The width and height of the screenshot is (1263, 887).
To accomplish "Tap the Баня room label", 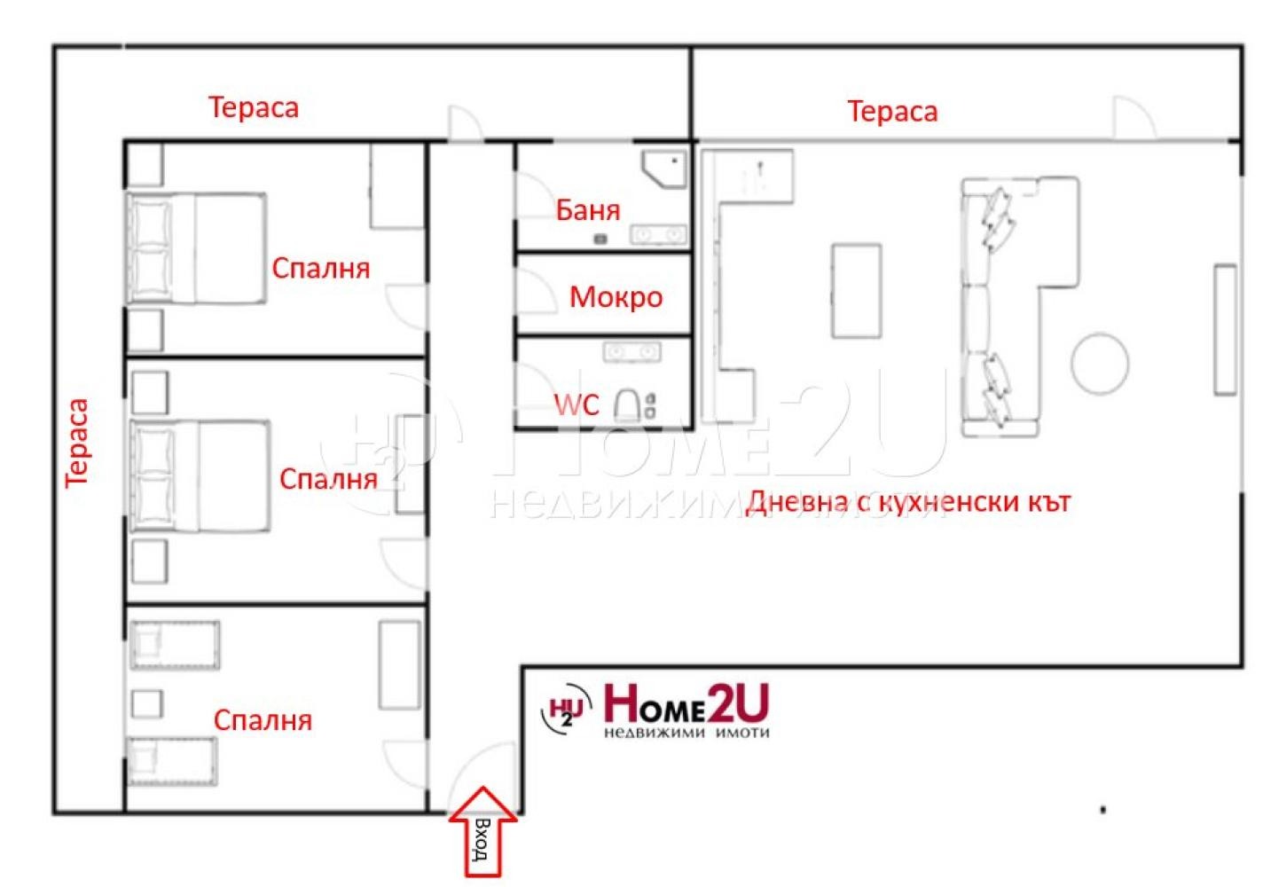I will tap(587, 210).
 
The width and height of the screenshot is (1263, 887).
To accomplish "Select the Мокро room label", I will tap(616, 296).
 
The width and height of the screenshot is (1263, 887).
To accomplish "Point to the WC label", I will tap(577, 405).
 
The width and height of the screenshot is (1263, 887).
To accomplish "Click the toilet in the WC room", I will tap(627, 405).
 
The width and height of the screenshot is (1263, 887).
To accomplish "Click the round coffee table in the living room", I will tap(1100, 362).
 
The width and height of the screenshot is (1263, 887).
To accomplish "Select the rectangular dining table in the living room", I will tap(856, 291).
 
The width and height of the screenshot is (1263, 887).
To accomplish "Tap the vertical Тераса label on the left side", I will tap(78, 442).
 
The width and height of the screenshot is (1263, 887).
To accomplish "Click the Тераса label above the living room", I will tap(892, 112).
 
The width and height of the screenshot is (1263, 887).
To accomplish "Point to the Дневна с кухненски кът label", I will tap(908, 502).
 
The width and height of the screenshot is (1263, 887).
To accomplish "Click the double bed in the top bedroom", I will tap(197, 249).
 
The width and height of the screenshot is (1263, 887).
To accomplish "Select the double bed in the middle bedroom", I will tap(200, 476).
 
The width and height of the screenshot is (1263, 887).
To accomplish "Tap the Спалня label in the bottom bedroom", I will tap(263, 720).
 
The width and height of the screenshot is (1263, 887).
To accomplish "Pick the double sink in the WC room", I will tap(631, 353).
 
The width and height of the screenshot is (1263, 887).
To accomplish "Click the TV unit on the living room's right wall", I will tap(1225, 328).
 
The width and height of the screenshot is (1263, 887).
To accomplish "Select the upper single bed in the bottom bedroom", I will tap(176, 645).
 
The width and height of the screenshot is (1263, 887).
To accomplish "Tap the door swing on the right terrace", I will tap(1133, 119).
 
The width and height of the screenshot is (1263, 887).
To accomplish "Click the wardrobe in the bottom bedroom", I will tap(400, 664).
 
